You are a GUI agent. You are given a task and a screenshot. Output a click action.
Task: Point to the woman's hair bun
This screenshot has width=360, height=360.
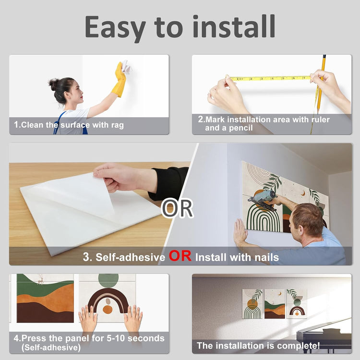[x=53, y=84]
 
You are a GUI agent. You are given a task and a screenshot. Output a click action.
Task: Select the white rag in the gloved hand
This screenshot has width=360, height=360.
[x=126, y=66]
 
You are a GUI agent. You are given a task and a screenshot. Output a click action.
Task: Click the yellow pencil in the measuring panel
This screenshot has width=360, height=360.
[x=321, y=84]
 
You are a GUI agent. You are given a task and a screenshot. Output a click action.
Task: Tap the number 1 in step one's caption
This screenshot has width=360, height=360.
[x=16, y=125]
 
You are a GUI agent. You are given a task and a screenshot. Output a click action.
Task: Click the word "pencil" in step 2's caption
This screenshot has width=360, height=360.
[x=241, y=128]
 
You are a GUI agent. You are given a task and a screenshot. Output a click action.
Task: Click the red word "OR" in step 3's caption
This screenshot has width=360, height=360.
[x=180, y=256]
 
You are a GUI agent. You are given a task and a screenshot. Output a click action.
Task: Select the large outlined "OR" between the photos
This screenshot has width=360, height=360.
[x=177, y=208]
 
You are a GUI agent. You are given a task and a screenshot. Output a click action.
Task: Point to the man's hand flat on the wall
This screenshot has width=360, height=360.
[x=240, y=232]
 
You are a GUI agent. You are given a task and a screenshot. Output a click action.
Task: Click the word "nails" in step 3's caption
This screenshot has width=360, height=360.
[x=267, y=257]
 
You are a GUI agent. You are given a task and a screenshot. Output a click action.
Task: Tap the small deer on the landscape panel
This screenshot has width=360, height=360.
[x=41, y=279]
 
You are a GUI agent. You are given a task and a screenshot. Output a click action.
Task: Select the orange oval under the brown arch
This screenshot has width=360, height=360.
[x=108, y=310]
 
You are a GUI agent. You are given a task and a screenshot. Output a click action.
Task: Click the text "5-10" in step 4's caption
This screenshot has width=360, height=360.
[x=116, y=338]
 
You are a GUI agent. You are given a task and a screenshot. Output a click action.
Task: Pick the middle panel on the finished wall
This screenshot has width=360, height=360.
[x=275, y=304]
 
